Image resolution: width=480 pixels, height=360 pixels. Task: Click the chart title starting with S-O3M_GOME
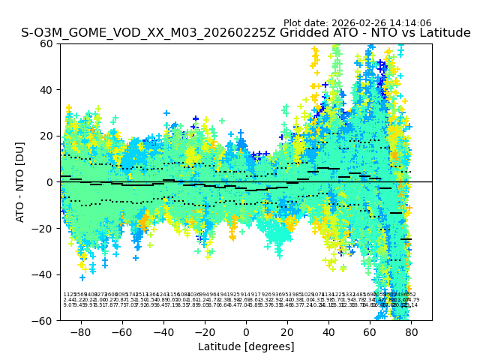[x=246, y=33]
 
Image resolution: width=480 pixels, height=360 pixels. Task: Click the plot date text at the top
[x=357, y=23]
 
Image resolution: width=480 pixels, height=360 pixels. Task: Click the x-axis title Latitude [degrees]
[x=246, y=346]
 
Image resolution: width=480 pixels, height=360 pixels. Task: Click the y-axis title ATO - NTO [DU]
[x=20, y=181]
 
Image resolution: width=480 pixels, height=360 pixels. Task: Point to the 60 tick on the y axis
[x=46, y=43]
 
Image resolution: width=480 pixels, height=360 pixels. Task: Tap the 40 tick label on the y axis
[x=46, y=89]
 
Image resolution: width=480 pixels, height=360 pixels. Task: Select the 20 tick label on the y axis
[x=46, y=136]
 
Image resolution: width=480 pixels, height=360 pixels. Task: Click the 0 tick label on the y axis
[x=49, y=181]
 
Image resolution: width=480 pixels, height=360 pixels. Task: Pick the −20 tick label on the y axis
[x=43, y=228]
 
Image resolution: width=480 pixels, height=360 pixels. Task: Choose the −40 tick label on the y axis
[x=43, y=274]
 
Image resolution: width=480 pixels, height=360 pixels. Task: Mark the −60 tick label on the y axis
[x=43, y=320]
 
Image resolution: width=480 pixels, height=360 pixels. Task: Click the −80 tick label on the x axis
[x=80, y=331]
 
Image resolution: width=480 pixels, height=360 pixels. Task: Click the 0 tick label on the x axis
[x=246, y=331]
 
